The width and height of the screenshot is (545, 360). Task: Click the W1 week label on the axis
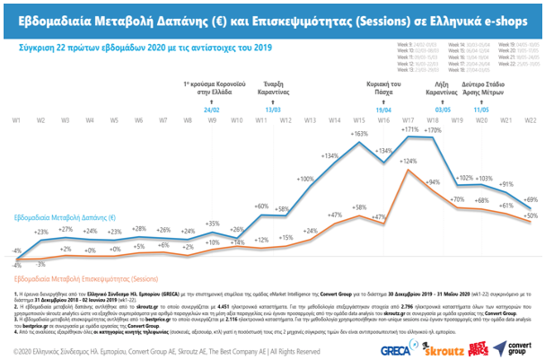point(16,119)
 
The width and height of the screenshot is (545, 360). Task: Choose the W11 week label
point(260,119)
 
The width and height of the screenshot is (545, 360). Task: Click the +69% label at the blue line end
point(531,199)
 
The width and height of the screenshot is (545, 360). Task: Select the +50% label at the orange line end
point(531,215)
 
